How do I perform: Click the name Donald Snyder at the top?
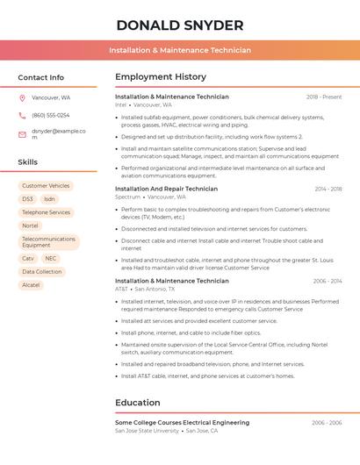coord(180,25)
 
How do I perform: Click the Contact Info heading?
coord(40,77)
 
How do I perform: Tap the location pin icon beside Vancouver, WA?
coord(22,97)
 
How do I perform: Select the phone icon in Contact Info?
coord(22,115)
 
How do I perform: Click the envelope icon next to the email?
coord(22,134)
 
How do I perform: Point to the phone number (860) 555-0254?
coord(50,115)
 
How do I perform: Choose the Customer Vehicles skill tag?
coord(46,186)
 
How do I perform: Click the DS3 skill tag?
coord(28,199)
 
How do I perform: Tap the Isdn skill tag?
coord(49,199)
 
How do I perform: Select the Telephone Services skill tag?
coord(46,212)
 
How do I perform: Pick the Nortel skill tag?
coord(31,225)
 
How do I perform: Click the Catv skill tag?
coord(28,259)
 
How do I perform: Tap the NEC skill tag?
coord(51,259)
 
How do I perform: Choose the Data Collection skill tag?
coord(42,272)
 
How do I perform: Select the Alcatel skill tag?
coord(31,285)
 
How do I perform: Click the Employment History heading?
coord(160,77)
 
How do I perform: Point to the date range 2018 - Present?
coord(324,97)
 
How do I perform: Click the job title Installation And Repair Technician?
coord(166,189)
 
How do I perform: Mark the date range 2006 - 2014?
coord(327,281)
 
